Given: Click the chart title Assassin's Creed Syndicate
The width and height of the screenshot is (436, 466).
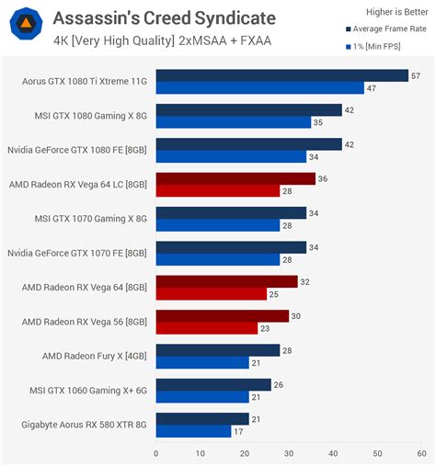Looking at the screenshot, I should (x=163, y=17).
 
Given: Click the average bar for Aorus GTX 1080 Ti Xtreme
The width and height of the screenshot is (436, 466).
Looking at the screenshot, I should (x=281, y=75).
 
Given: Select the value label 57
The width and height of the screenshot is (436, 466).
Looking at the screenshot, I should (x=416, y=75).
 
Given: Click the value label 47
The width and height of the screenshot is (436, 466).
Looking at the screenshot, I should (x=372, y=88).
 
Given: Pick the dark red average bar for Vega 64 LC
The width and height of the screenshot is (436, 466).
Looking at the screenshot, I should (x=235, y=178).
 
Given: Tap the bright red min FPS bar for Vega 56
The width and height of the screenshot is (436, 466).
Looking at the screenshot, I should (x=207, y=328).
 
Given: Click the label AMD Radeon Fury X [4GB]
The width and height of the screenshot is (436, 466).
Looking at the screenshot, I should (x=96, y=356).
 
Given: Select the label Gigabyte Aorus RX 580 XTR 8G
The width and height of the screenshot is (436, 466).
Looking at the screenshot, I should (x=83, y=425).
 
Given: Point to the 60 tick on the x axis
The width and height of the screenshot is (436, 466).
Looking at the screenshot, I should (x=420, y=453).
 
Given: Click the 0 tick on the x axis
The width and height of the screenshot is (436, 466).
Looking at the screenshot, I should (x=156, y=453).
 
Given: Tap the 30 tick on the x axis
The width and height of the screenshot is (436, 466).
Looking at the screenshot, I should (x=288, y=453).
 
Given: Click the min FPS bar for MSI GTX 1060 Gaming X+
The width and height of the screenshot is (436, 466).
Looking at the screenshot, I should (x=202, y=397).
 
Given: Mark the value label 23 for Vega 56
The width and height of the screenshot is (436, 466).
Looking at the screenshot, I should (x=266, y=328).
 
